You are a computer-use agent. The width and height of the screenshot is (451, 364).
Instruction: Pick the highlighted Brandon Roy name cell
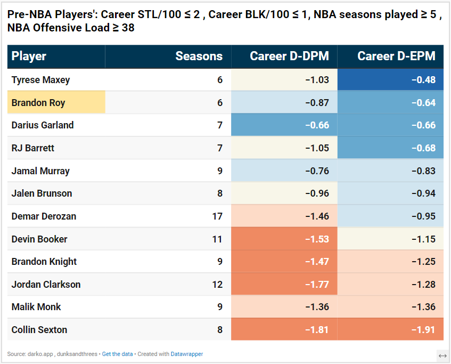click(56, 102)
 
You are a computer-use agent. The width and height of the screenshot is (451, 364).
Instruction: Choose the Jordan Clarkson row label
click(46, 285)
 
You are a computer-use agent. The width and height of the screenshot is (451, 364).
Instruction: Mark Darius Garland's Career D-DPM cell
click(284, 125)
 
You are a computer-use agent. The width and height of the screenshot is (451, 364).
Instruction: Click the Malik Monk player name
click(36, 307)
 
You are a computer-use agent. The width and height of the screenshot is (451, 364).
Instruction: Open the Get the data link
click(117, 354)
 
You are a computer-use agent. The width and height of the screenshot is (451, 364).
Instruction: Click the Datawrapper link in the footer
click(187, 354)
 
